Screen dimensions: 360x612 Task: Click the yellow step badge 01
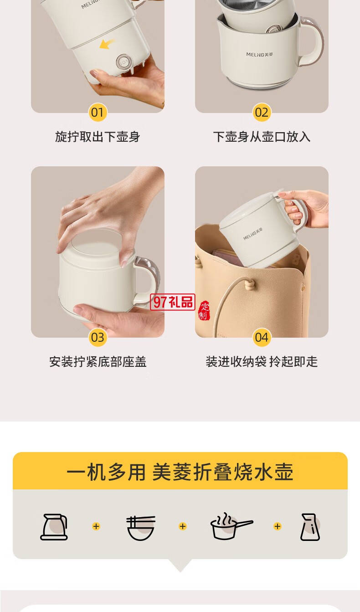98,112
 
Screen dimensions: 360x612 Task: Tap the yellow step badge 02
262,112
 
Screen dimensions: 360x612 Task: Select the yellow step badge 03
98,337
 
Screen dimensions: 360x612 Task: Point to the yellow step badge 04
262,337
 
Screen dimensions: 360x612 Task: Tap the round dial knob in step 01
123,61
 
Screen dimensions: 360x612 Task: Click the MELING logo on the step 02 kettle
259,54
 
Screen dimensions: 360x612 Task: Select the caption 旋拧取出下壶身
98,137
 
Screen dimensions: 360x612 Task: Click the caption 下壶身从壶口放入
262,137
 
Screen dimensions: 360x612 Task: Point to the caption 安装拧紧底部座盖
98,362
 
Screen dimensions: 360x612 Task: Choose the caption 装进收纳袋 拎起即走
262,362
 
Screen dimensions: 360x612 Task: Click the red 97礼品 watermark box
173,302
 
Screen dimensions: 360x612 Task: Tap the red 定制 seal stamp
204,311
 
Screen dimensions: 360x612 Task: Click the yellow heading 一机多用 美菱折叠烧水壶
180,472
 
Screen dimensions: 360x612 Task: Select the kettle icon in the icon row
54,527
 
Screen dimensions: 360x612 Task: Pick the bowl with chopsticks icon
141,528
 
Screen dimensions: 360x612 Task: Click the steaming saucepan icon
231,526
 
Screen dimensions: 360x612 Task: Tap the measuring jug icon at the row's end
310,527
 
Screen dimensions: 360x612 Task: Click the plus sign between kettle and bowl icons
96,526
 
